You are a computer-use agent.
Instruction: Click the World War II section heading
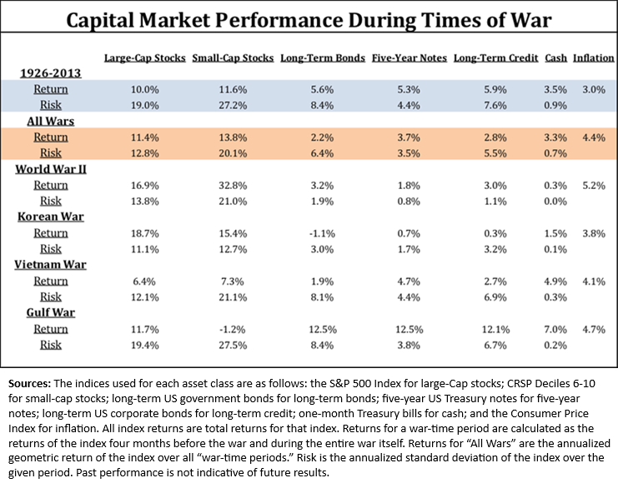(51, 169)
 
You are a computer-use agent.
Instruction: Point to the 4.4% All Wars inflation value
(593, 137)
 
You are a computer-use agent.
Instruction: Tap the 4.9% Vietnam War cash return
(555, 281)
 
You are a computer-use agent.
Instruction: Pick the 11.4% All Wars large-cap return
(143, 137)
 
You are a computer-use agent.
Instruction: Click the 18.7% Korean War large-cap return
(143, 233)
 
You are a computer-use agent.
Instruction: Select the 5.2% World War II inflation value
(593, 186)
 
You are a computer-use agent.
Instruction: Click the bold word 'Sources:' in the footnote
(31, 384)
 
